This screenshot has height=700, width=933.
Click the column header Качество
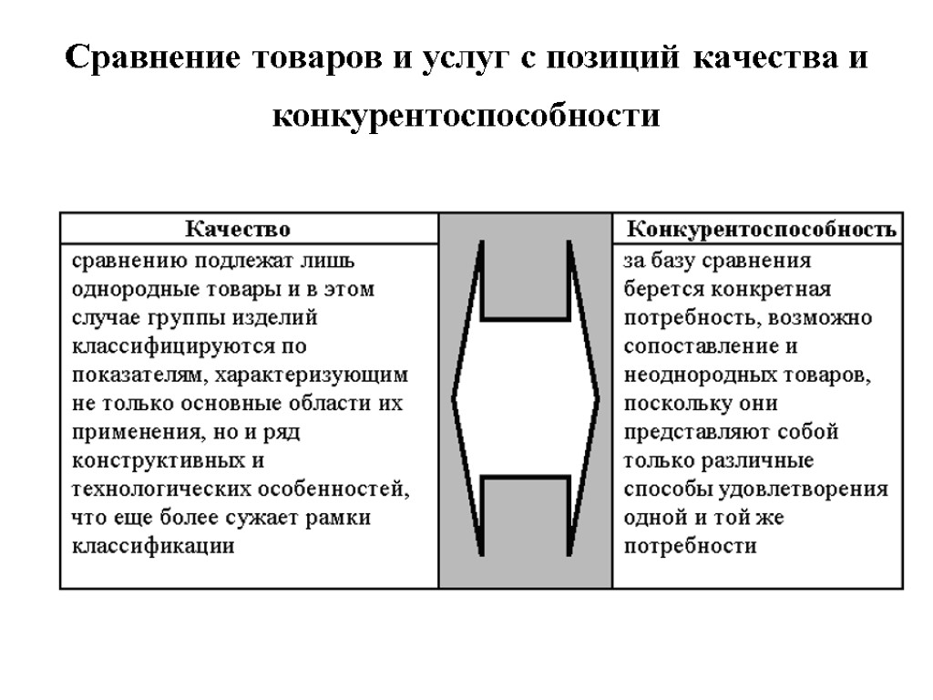point(239,227)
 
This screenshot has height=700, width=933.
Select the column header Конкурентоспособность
point(762,227)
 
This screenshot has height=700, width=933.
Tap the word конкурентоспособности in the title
point(466,117)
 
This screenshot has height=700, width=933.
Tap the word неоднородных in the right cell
point(701,375)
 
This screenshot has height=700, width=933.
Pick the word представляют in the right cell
point(696,432)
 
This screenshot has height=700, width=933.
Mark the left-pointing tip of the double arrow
point(455,398)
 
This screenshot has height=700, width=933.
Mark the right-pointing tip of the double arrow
point(598,398)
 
